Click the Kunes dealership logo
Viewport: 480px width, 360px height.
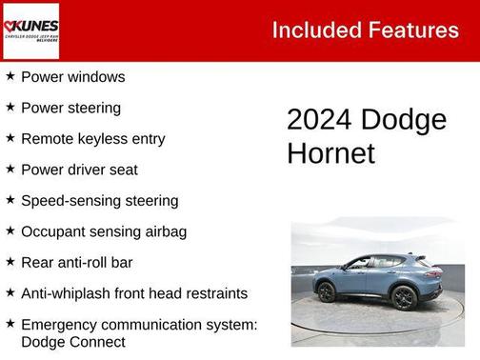tap(30, 30)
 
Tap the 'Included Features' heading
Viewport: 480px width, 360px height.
tap(365, 30)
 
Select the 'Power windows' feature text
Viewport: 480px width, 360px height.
tap(72, 76)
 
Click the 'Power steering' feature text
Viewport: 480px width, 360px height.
tap(70, 108)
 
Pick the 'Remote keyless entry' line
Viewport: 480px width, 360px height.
tap(92, 138)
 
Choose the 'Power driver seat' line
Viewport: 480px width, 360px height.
tap(79, 170)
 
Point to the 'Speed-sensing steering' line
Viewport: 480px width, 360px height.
tap(99, 200)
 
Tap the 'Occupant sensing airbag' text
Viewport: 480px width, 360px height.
tap(103, 231)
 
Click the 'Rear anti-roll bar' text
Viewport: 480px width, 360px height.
tap(76, 262)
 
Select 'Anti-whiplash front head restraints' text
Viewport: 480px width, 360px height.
tap(133, 293)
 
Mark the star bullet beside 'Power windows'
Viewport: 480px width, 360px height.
tap(10, 75)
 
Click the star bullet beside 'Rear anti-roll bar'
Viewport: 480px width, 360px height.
tap(10, 261)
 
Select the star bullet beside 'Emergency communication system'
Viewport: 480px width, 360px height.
tap(10, 324)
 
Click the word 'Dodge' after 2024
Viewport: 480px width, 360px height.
tap(405, 120)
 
